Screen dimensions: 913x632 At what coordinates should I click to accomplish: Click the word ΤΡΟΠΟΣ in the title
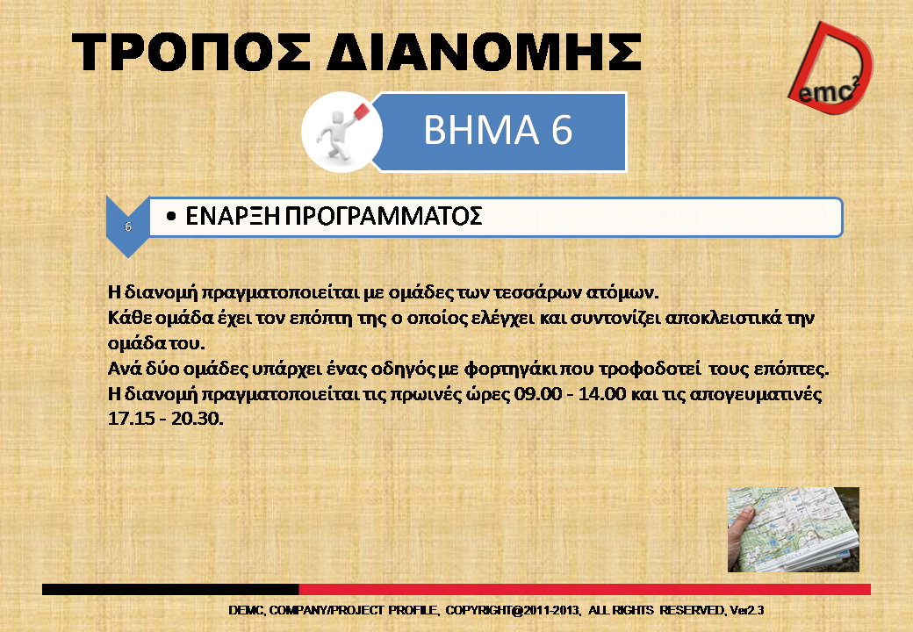(x=191, y=52)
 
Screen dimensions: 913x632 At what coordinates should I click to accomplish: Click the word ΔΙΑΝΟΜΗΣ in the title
(x=484, y=52)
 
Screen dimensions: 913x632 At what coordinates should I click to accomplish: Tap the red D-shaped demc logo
(x=831, y=68)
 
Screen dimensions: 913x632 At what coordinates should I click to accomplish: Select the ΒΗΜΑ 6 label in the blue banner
(x=498, y=129)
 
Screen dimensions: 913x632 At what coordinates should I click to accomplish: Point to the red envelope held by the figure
(x=362, y=111)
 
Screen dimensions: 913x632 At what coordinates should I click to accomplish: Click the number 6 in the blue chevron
(x=128, y=226)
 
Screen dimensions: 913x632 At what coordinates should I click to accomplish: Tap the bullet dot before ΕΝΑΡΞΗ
(x=170, y=217)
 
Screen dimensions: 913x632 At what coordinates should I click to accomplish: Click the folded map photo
(x=793, y=529)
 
